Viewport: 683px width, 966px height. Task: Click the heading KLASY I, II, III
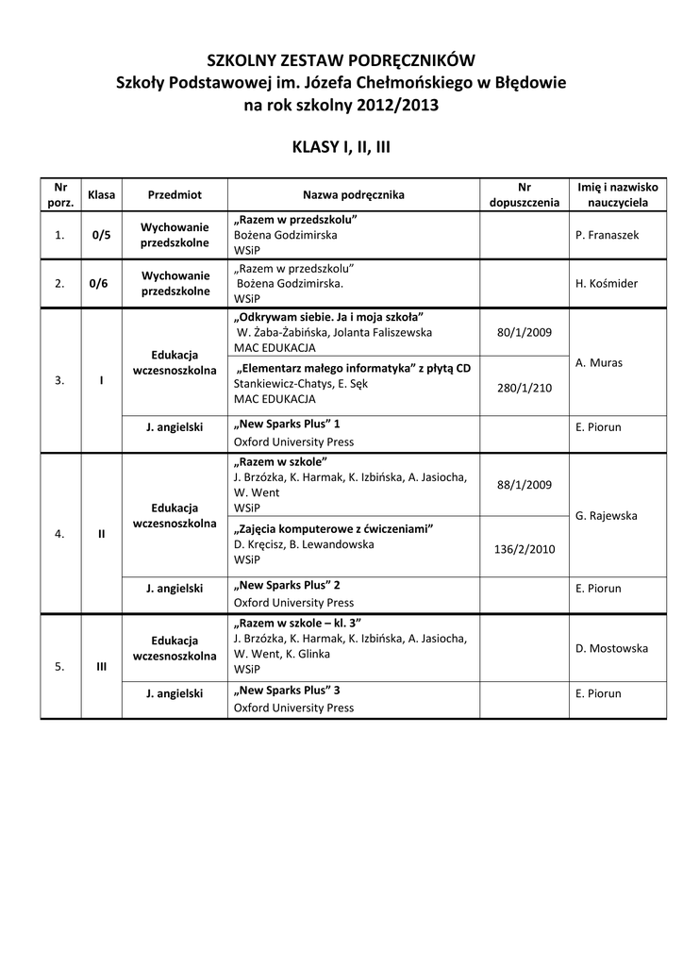(x=341, y=147)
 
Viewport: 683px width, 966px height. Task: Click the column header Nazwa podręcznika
(x=353, y=194)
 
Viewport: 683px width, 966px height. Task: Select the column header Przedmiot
(x=175, y=194)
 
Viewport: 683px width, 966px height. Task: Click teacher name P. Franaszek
(x=607, y=235)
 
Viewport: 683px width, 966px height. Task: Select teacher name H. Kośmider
(x=607, y=283)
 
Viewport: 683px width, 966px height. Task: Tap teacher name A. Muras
(x=598, y=362)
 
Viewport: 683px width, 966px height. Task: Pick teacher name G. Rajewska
(x=606, y=516)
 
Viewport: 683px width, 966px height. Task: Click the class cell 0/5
(x=101, y=235)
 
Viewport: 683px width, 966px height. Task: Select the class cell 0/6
(x=101, y=283)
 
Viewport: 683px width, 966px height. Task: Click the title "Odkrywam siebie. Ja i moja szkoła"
(x=329, y=316)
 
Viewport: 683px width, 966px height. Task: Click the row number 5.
(x=60, y=666)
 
